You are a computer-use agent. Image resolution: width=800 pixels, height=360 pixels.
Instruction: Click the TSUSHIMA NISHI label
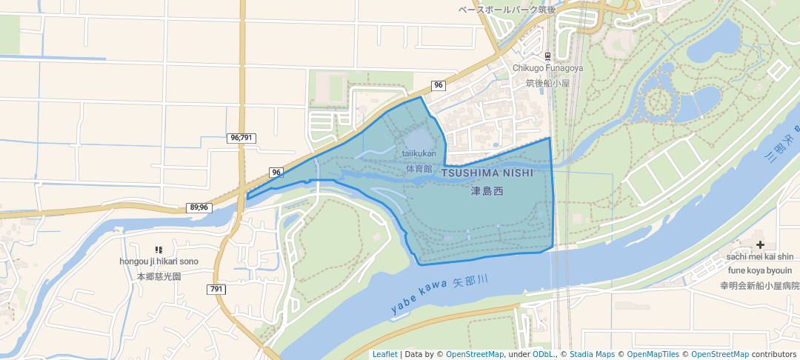point(487,173)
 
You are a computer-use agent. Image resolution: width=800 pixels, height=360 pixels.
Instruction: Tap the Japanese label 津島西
point(487,191)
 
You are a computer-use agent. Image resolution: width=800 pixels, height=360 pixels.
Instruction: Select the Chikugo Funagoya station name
point(548,68)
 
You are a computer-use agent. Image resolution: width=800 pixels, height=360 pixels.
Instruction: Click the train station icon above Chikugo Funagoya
point(548,56)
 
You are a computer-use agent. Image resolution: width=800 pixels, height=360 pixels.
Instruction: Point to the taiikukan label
point(419,154)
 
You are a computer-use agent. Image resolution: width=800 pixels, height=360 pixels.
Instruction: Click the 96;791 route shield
point(241,138)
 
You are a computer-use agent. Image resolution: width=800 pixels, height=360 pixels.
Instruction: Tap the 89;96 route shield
point(199,207)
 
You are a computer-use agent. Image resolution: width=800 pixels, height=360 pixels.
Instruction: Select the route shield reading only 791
point(216,289)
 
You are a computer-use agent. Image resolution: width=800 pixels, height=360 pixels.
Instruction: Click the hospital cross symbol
point(760,244)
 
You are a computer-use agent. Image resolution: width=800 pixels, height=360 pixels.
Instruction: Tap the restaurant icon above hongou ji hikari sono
point(159,250)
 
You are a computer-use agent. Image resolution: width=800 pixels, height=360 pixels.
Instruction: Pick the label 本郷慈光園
point(159,276)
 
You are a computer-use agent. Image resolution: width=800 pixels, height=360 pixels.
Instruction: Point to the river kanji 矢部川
point(471,282)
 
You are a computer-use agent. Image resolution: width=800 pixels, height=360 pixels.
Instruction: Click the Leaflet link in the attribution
point(384,354)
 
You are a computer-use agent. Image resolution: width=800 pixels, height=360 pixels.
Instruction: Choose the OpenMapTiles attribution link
point(651,354)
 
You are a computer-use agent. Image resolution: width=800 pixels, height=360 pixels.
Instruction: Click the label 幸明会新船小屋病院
point(759,285)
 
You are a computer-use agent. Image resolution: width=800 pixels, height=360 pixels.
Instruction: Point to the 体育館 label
point(419,169)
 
